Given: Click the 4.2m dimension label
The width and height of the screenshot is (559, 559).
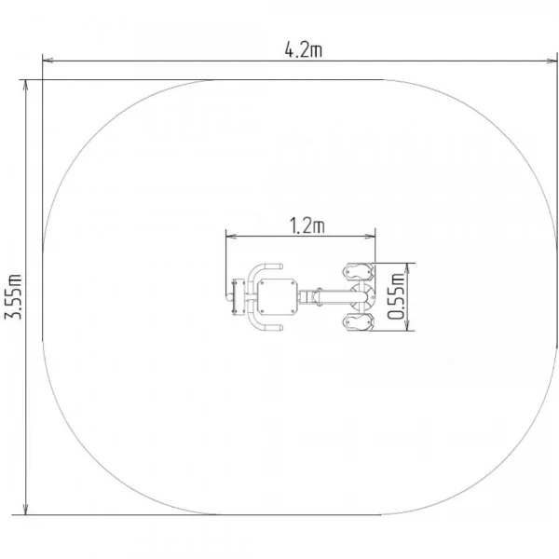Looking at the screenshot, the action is pyautogui.click(x=304, y=49).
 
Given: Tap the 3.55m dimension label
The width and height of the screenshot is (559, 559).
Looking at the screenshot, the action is pyautogui.click(x=13, y=296).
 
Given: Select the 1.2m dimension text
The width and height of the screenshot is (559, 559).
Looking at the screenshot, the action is pyautogui.click(x=307, y=225).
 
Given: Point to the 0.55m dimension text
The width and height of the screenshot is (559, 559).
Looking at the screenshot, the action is pyautogui.click(x=396, y=296).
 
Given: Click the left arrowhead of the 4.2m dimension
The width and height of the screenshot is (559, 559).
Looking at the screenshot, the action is pyautogui.click(x=48, y=61).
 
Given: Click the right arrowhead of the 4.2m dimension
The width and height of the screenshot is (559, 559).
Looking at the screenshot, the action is pyautogui.click(x=552, y=61).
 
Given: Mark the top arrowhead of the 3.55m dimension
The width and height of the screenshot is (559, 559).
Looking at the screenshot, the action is pyautogui.click(x=25, y=86).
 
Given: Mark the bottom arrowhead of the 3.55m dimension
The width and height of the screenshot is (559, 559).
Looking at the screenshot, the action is pyautogui.click(x=25, y=509).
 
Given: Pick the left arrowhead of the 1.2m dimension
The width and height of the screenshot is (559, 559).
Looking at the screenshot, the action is pyautogui.click(x=231, y=236).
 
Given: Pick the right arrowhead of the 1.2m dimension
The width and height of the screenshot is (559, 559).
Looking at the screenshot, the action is pyautogui.click(x=370, y=236).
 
